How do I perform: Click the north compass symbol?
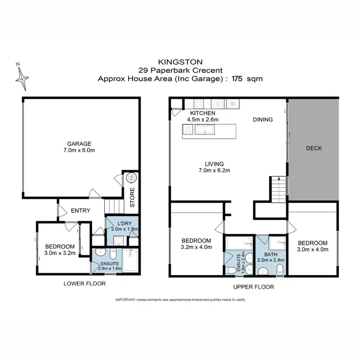(22, 75)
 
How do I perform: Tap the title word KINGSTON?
(180, 61)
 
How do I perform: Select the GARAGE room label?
(79, 144)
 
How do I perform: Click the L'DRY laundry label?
(122, 223)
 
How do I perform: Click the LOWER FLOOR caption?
(84, 284)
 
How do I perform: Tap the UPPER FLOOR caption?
(254, 287)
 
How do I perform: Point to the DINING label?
(263, 120)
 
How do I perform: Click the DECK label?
(314, 148)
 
